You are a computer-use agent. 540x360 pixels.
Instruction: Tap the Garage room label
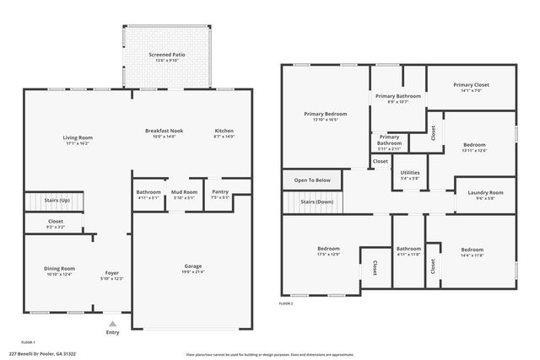tap(192, 266)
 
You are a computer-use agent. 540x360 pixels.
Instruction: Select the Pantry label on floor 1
tap(219, 192)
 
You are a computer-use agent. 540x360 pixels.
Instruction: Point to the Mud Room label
tap(184, 192)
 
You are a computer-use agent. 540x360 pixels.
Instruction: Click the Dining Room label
tap(60, 268)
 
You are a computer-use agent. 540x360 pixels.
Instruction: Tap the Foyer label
tap(111, 273)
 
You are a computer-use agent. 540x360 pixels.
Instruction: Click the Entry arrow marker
tap(112, 323)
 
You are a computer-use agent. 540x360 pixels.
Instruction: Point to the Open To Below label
tap(312, 180)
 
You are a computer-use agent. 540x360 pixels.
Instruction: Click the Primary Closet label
tap(471, 85)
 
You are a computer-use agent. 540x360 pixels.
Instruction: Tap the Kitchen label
tap(224, 131)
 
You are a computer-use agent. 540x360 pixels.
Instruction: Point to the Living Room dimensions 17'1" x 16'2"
tap(77, 144)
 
